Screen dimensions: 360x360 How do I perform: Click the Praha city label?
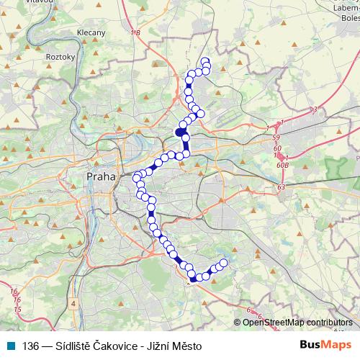coord(99,176)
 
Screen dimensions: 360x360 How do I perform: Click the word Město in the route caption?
coord(186,346)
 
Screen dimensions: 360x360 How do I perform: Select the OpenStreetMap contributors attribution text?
coord(297,323)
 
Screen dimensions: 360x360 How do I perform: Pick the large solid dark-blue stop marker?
coord(181,132)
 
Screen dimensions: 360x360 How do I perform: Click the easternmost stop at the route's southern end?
coord(223,263)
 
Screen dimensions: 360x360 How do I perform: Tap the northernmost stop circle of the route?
coord(205,61)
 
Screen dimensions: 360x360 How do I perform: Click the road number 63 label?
coord(281,186)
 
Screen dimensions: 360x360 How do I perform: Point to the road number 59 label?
coord(276,137)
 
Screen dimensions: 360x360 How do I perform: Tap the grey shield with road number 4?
coord(73,304)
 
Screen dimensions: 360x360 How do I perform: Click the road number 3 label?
coord(315,109)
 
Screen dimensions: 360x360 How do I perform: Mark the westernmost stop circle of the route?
coord(137,178)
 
